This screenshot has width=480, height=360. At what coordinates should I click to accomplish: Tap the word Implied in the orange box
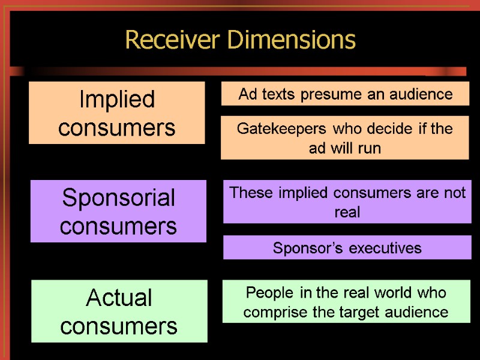[x=117, y=100]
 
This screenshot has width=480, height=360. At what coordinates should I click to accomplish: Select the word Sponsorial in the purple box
[x=119, y=198]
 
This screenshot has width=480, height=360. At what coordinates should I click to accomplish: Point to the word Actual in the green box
[x=119, y=298]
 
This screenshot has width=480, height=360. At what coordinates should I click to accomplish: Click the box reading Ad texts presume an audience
[x=345, y=94]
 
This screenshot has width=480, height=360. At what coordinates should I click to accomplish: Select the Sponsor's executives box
[x=347, y=248]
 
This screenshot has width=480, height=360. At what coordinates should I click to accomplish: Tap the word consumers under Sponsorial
[x=119, y=227]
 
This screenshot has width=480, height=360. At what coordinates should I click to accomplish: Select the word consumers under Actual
[x=119, y=326]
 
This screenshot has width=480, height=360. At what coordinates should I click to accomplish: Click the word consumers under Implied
[x=117, y=128]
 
